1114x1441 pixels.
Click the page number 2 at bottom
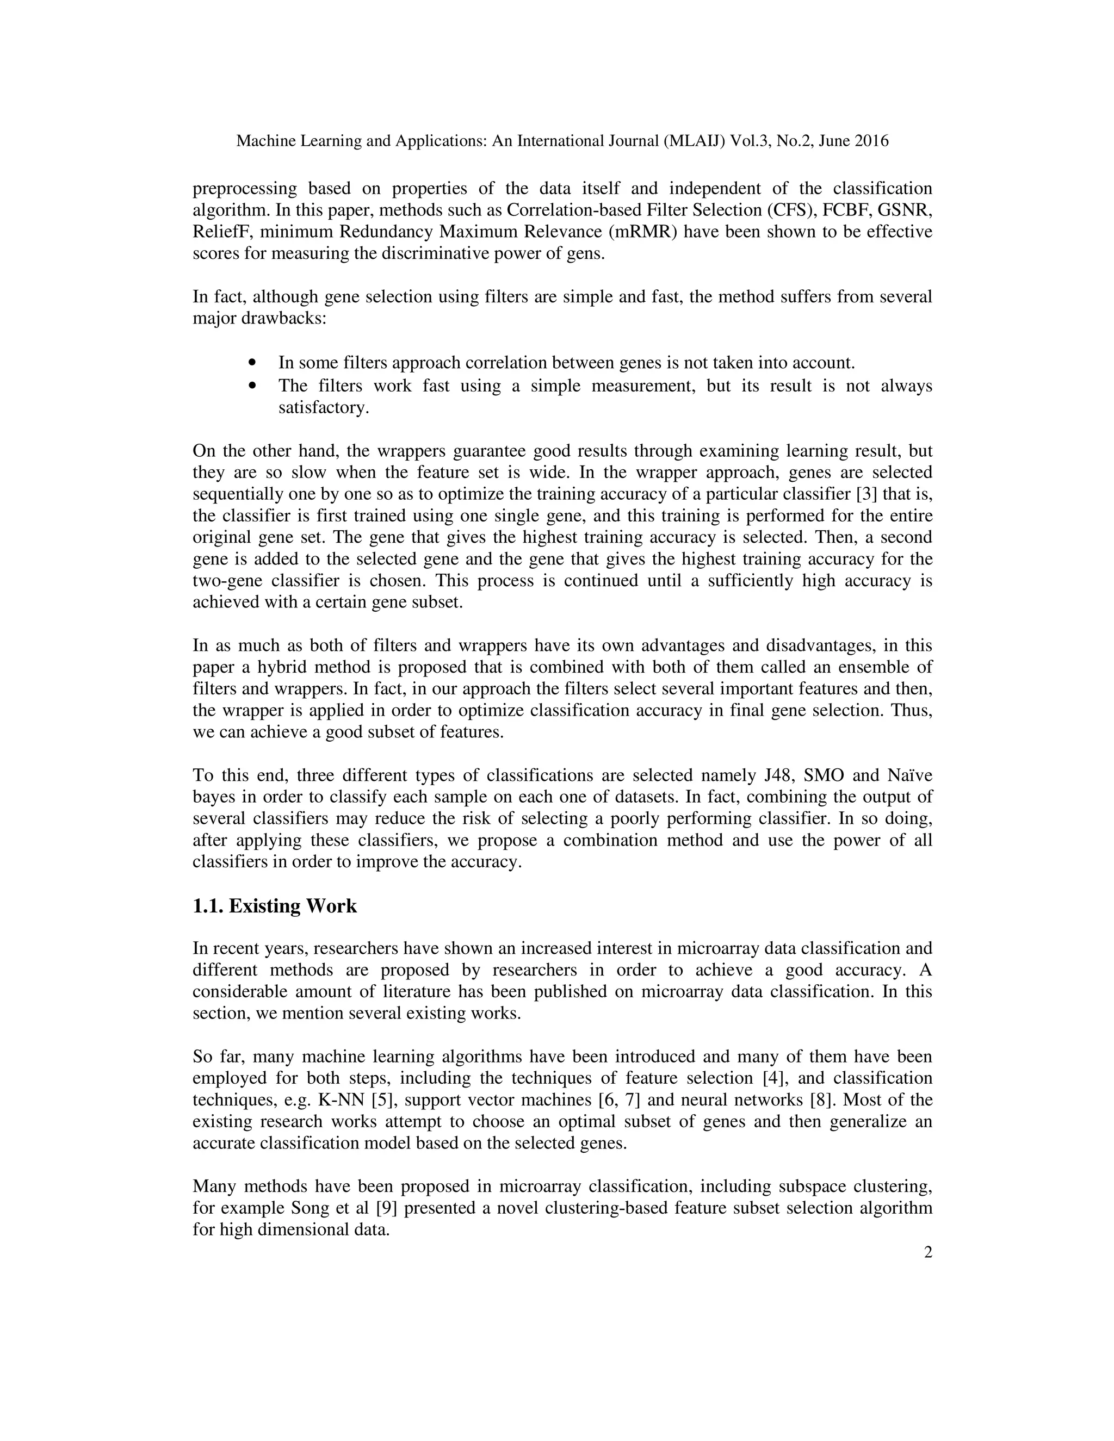[x=928, y=1252]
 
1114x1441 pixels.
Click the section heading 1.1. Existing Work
[x=275, y=906]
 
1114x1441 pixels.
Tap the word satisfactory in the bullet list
[x=323, y=408]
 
